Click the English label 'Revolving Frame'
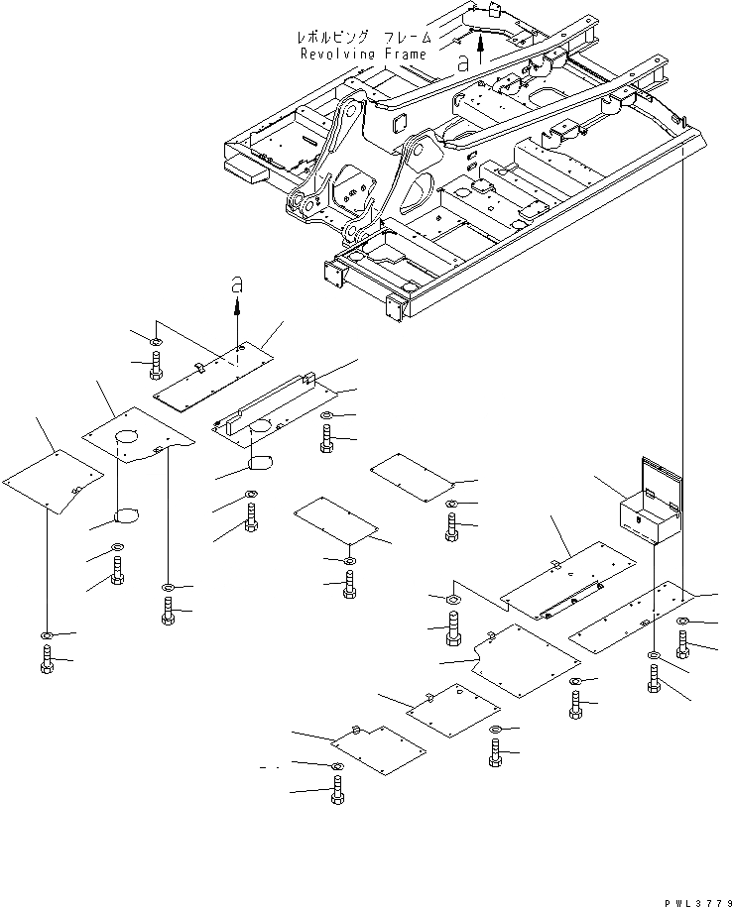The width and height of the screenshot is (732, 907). click(x=363, y=55)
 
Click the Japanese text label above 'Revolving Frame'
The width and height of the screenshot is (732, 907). click(x=364, y=38)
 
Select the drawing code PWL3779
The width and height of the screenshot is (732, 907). click(x=698, y=902)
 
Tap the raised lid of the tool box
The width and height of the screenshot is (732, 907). click(x=662, y=476)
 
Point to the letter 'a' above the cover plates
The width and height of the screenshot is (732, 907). click(x=237, y=284)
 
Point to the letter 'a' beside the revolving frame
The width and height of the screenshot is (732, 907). click(x=463, y=63)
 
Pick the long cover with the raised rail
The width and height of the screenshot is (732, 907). click(x=275, y=411)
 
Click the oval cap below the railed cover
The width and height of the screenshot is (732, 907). click(x=261, y=463)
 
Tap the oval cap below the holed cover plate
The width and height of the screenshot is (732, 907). click(x=128, y=515)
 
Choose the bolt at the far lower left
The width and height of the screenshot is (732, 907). click(x=48, y=660)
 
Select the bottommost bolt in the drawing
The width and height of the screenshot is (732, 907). click(x=337, y=790)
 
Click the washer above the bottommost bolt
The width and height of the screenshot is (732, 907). click(x=337, y=766)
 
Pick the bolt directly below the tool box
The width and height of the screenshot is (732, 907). click(x=654, y=679)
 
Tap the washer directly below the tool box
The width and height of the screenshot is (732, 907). click(x=654, y=655)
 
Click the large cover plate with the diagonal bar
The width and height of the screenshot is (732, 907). click(x=568, y=580)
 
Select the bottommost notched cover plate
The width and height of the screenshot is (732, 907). click(x=380, y=749)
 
